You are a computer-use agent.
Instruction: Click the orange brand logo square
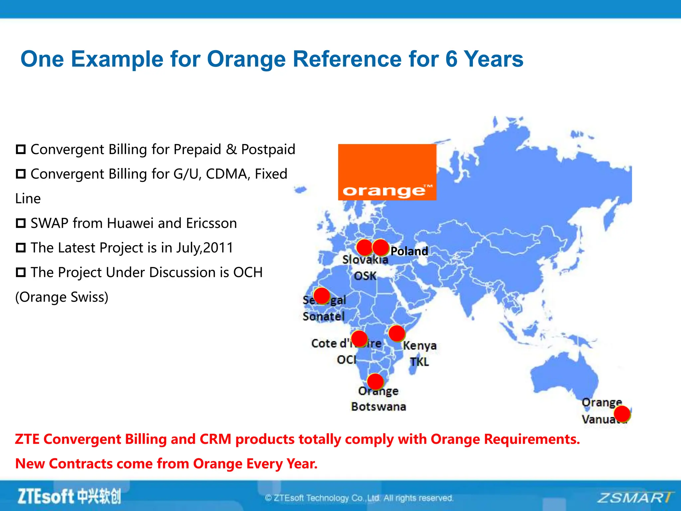[x=387, y=172]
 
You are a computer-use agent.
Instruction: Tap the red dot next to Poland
[x=381, y=248]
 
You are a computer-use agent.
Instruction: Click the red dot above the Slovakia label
[x=364, y=248]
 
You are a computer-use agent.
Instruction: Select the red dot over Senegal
[x=322, y=296]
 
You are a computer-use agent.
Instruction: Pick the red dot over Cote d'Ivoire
[x=359, y=339]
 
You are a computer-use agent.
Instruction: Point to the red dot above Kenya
[x=396, y=333]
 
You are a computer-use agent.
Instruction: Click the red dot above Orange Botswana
[x=375, y=382]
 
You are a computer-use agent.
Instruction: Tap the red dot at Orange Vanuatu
[x=622, y=414]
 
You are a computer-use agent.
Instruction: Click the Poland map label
[x=409, y=251]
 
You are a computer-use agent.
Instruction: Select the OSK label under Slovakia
[x=365, y=276]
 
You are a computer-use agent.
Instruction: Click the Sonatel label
[x=324, y=316]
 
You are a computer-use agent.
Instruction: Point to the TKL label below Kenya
[x=419, y=362]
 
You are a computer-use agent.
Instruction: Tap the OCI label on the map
[x=346, y=360]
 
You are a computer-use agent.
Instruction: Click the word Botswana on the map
[x=378, y=407]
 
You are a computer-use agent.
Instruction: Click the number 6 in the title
[x=451, y=59]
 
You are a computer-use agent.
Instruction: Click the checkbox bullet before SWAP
[x=21, y=223]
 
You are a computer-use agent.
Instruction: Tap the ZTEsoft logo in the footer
[x=69, y=496]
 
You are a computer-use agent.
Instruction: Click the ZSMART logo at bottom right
[x=634, y=498]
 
